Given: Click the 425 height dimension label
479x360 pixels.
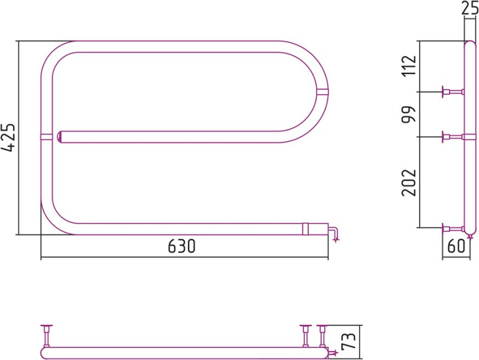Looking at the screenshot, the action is click(8, 138).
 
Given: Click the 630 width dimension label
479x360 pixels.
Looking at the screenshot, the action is click(182, 246).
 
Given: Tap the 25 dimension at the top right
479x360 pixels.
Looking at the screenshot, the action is click(470, 8).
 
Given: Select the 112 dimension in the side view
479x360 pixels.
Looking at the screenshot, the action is click(409, 65).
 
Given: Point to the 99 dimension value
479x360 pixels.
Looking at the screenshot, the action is click(409, 114).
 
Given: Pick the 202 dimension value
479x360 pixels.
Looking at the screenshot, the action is click(409, 182).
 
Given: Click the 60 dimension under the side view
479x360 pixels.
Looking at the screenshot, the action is click(456, 246).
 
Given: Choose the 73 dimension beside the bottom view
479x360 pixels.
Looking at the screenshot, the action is click(348, 341).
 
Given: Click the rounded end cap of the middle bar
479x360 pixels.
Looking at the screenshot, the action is click(60, 137).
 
